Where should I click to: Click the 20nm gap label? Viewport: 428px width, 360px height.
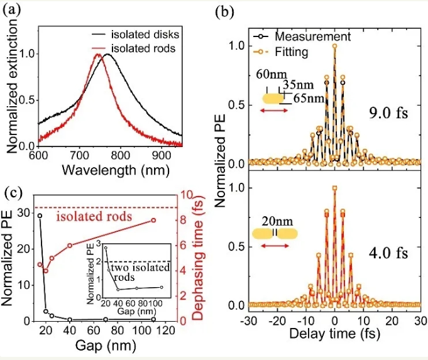(275, 221)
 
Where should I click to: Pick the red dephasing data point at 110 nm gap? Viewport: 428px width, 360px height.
(153, 220)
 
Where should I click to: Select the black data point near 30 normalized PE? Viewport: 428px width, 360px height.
(40, 215)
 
